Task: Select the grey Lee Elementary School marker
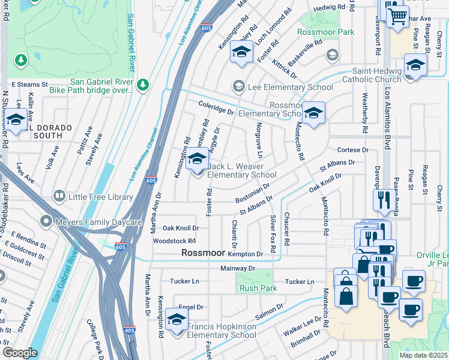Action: click(239, 87)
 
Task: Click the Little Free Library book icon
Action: click(59, 196)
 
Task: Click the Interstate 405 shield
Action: click(130, 329)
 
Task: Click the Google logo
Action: click(20, 353)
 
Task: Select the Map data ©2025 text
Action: click(423, 355)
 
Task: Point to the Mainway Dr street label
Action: click(238, 268)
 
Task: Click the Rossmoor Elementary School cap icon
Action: click(313, 112)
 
